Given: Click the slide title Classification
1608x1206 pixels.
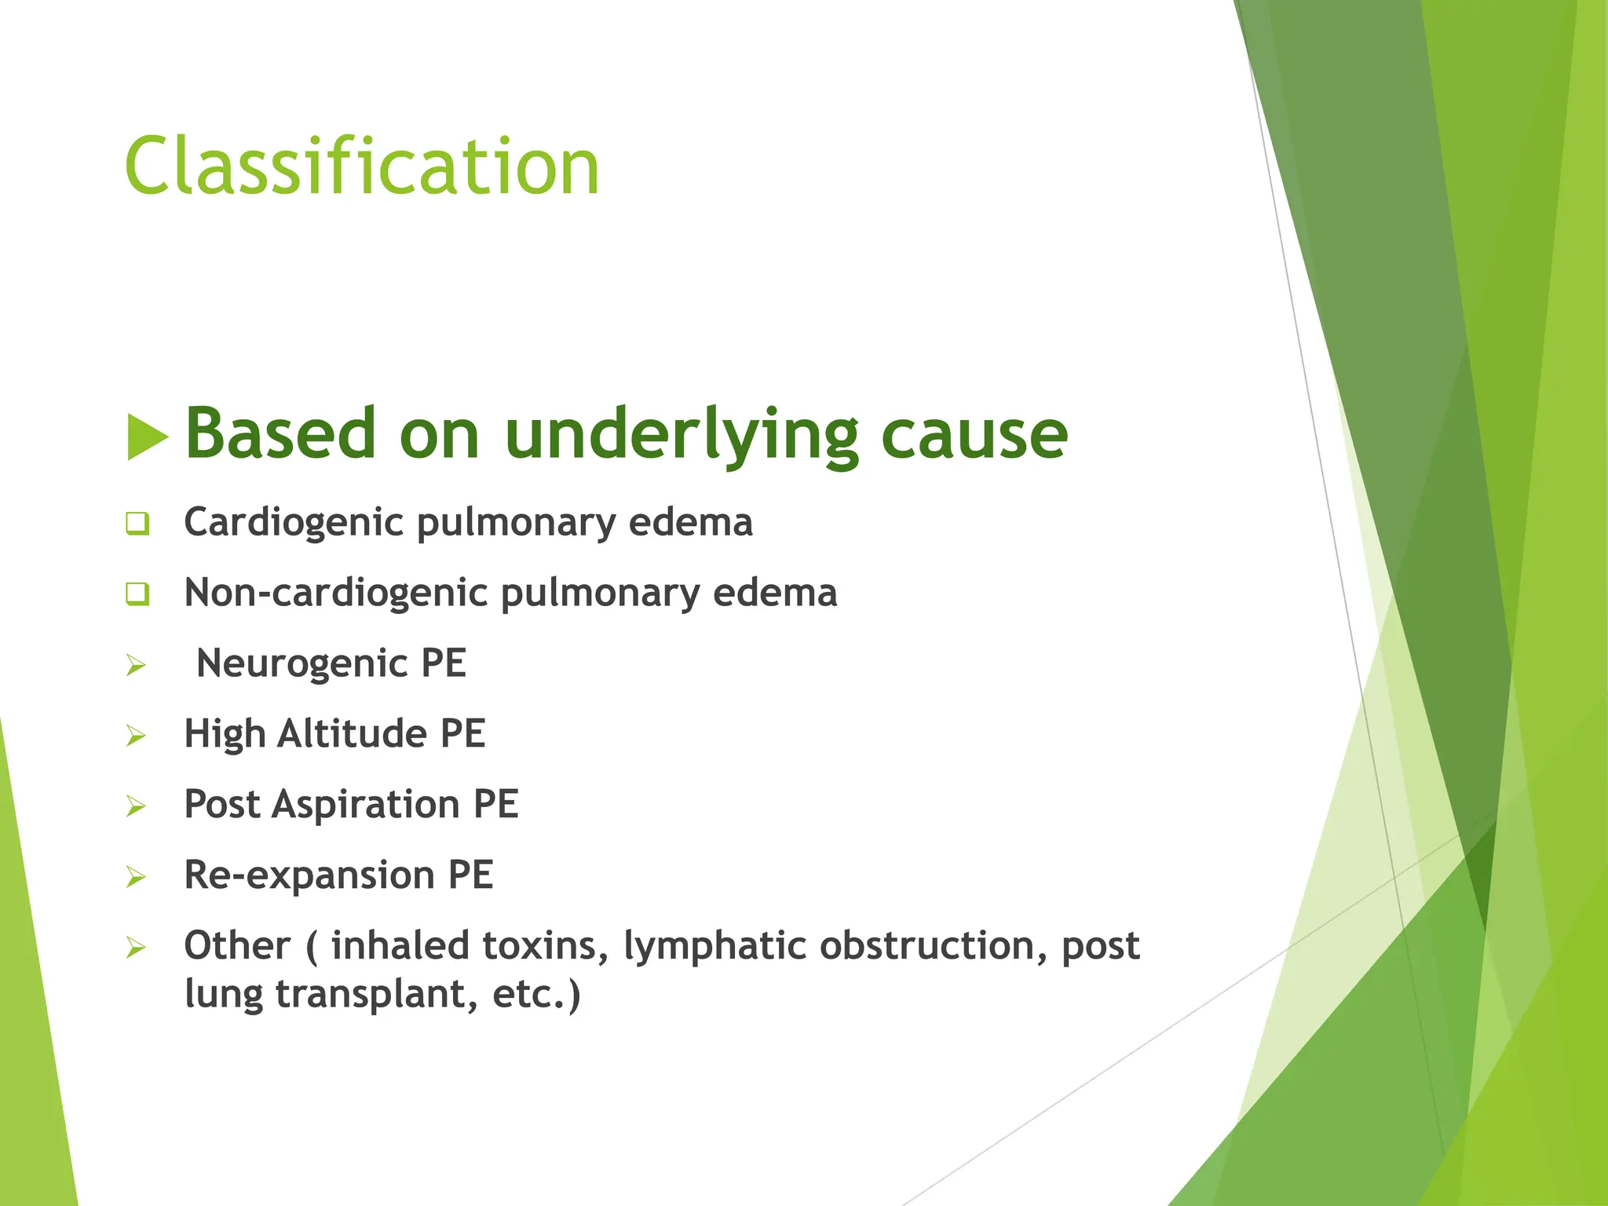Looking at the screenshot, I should tap(362, 166).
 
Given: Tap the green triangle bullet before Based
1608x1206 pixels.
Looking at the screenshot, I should tap(146, 437).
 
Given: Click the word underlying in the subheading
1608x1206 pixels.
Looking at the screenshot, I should tap(681, 436).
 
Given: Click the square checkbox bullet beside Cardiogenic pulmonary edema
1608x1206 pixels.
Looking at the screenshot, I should tap(137, 524).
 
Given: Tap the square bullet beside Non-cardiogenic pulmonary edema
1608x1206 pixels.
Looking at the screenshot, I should tap(137, 594).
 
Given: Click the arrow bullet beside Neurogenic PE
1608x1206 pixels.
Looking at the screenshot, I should tap(137, 666).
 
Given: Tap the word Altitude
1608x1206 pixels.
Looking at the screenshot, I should tap(352, 734).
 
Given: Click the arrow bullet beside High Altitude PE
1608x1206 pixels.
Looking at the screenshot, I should tap(137, 736).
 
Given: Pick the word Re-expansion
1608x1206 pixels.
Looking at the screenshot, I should tap(309, 875).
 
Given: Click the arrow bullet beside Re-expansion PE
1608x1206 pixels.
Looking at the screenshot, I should tap(137, 878).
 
